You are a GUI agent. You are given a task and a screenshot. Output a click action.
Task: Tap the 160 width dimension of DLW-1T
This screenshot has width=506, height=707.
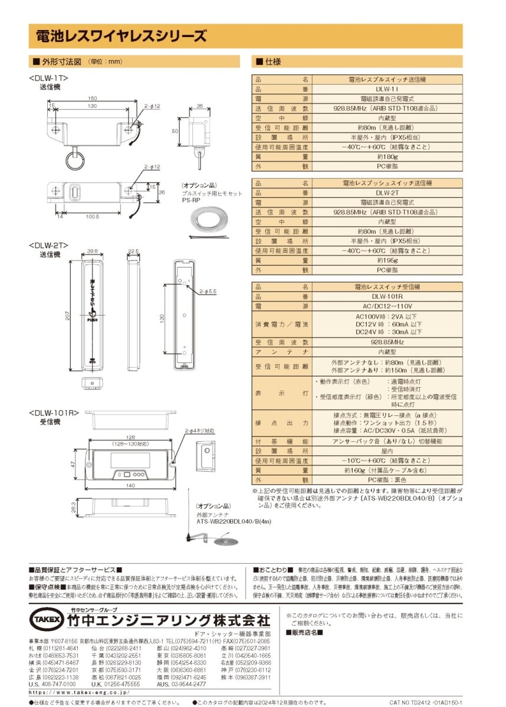point(93,98)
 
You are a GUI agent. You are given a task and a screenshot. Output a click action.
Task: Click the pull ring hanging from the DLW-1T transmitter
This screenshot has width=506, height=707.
point(75,158)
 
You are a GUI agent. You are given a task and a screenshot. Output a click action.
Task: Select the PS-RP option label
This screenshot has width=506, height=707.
point(191,200)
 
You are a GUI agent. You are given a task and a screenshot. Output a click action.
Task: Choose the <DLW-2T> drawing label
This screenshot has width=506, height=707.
point(49,245)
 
